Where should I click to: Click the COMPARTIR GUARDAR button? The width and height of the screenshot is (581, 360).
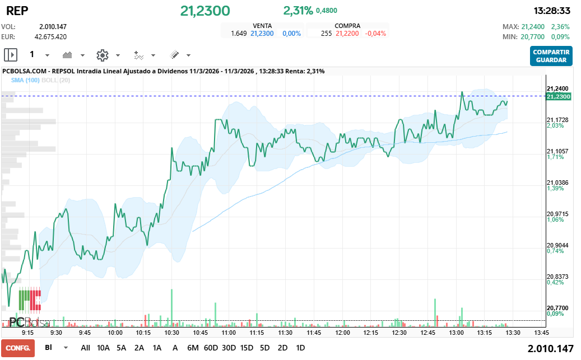point(551,56)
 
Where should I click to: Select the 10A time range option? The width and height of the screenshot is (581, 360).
point(103,348)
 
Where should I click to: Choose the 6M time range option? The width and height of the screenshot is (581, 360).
point(193,348)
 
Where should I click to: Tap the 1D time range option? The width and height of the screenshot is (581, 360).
point(300,348)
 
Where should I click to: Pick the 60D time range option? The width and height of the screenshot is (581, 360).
point(211,348)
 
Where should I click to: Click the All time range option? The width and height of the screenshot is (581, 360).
point(85,348)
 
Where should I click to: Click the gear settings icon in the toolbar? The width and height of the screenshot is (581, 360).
point(102,55)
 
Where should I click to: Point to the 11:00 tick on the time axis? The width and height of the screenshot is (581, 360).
point(229,332)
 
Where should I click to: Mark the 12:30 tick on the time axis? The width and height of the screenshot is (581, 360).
point(399,332)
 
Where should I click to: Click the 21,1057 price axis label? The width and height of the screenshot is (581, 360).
point(557,151)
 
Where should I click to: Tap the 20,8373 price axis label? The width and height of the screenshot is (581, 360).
point(557,277)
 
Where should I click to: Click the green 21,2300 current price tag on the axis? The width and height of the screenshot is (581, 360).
point(557,96)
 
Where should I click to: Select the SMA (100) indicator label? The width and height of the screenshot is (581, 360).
point(25,80)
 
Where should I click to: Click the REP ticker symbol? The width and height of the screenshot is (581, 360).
point(17,11)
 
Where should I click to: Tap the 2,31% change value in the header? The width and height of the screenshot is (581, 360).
point(298,11)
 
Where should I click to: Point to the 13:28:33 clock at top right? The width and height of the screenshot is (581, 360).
point(552,11)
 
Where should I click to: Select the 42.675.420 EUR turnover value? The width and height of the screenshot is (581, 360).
point(50,36)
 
